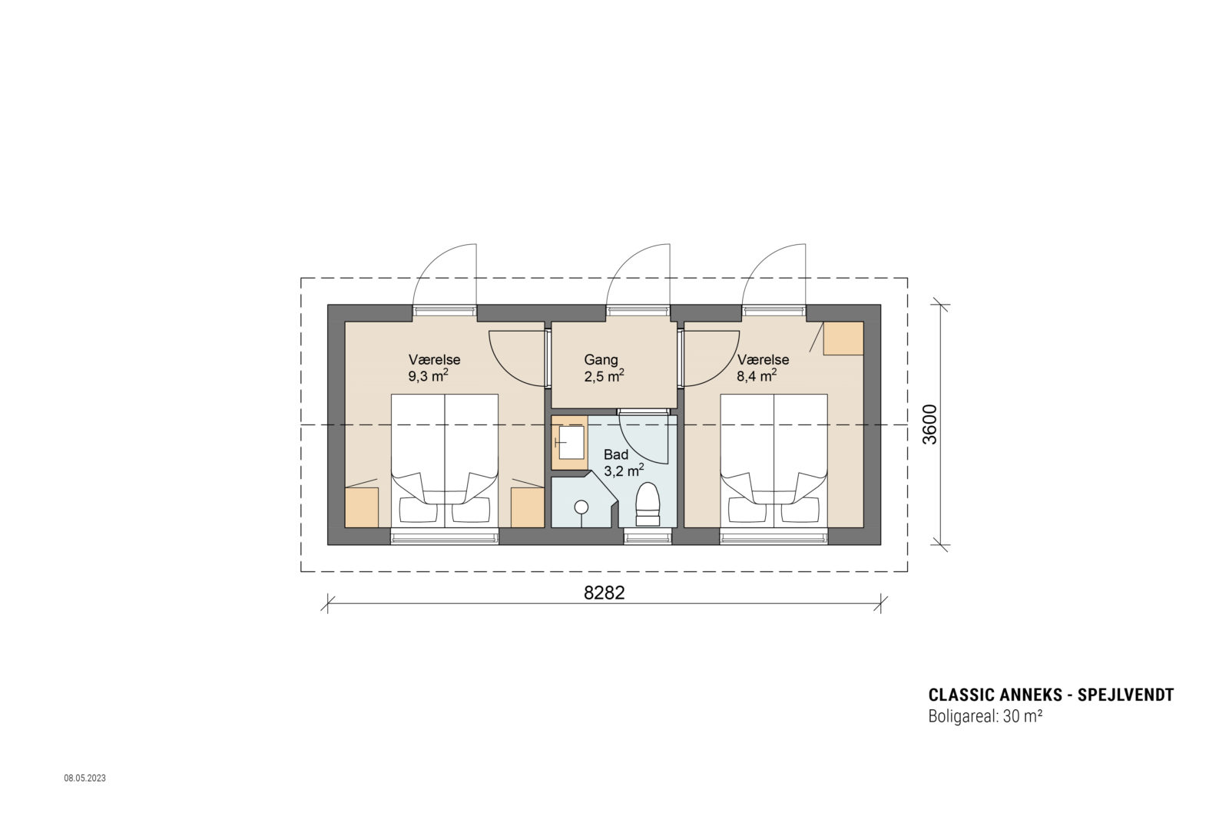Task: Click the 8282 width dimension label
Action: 605,593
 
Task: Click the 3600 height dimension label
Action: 929,424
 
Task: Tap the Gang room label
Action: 601,359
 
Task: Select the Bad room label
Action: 616,454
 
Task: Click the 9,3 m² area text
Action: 429,376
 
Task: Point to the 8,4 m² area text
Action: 757,376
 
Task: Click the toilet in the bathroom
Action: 648,505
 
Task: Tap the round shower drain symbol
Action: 581,507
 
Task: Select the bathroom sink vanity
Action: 569,442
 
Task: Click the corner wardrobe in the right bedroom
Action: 843,338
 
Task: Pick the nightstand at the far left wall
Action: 361,507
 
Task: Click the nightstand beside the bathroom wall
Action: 528,507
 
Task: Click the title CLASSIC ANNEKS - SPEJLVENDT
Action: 1051,695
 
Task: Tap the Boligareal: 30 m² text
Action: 985,718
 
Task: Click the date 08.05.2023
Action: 84,778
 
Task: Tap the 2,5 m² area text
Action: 603,376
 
